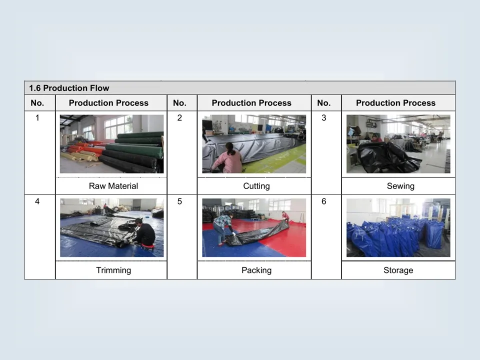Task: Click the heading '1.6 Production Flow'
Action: click(x=69, y=88)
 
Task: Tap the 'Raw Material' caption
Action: click(x=113, y=186)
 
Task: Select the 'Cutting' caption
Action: click(x=256, y=186)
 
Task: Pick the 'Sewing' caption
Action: click(x=400, y=186)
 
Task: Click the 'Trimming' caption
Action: click(x=113, y=270)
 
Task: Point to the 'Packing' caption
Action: click(x=256, y=270)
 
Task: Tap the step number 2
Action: click(x=179, y=118)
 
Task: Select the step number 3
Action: click(x=323, y=118)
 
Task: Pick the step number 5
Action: click(x=179, y=202)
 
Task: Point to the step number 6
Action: click(x=323, y=202)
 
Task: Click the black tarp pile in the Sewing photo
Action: click(x=387, y=158)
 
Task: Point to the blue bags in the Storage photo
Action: click(x=395, y=235)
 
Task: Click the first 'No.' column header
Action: click(x=37, y=103)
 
